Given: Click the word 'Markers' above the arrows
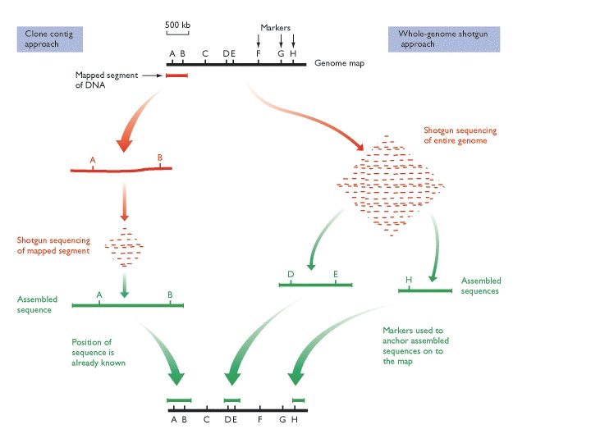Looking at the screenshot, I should coord(277,28).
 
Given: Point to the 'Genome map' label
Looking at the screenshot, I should coord(339,63).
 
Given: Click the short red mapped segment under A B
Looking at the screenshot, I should coord(176,75).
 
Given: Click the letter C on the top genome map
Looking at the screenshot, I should coord(205,54).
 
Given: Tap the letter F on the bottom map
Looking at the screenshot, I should coord(259,419).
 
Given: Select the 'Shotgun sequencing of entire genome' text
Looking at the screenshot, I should coord(460,135).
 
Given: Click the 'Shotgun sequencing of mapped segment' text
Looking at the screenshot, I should coord(53,246).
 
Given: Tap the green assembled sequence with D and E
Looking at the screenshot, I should coord(315,285).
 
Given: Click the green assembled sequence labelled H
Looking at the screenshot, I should coord(424,290).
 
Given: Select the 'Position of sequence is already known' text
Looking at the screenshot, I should coord(98,352).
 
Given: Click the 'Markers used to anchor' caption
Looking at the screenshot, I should coord(415,345).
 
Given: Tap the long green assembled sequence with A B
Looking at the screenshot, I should coord(127,305).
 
